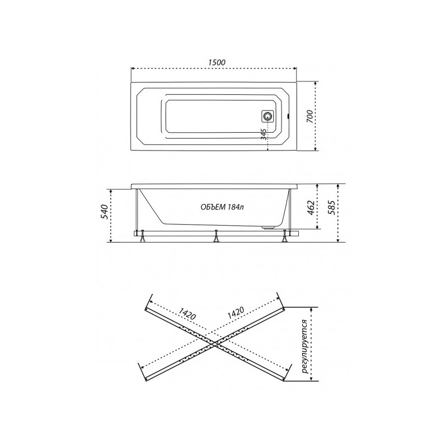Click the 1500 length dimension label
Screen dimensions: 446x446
[x=214, y=63]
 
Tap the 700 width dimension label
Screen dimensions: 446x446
[x=309, y=117]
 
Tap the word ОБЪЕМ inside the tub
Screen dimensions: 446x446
[x=212, y=207]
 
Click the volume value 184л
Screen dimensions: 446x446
[x=235, y=207]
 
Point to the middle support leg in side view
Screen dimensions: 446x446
[x=215, y=238]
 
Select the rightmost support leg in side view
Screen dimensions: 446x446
[x=286, y=238]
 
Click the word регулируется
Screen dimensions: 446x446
[x=304, y=345]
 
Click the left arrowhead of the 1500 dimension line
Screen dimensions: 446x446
[x=132, y=69]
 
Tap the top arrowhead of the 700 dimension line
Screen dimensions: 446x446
[x=316, y=83]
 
